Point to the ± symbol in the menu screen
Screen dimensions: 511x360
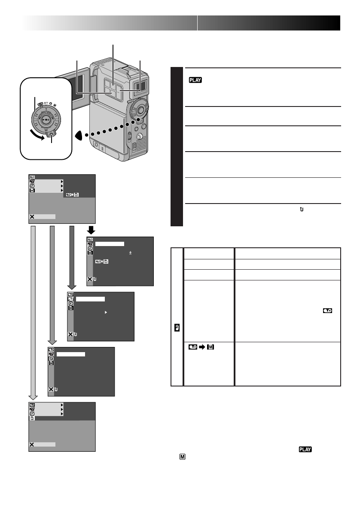pyautogui.click(x=130, y=253)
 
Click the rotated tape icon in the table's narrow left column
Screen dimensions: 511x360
pyautogui.click(x=177, y=326)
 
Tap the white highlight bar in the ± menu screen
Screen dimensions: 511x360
pyautogui.click(x=110, y=243)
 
